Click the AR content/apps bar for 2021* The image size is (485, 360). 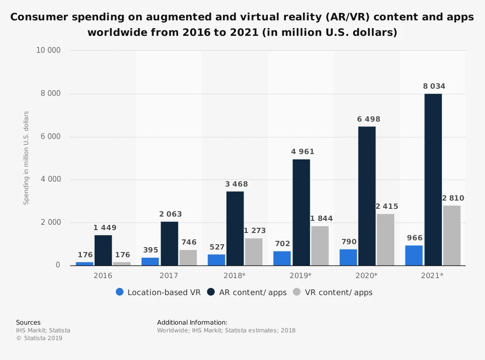[433, 179]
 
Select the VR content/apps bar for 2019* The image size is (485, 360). [320, 246]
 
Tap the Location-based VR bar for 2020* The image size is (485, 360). [348, 257]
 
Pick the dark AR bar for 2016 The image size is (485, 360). [103, 250]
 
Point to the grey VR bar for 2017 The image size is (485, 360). [188, 257]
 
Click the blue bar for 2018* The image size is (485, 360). [216, 260]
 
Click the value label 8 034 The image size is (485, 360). [434, 87]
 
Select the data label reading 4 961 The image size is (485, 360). [303, 152]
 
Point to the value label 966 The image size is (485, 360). [414, 238]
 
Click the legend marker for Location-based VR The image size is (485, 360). [120, 292]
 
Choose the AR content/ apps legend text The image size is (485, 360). [253, 293]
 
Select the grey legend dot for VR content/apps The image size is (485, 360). [297, 292]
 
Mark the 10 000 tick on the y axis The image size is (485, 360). [48, 50]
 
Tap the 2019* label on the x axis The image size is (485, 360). [301, 275]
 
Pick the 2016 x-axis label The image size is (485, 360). [103, 275]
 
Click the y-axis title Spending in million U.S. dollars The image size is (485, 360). [27, 157]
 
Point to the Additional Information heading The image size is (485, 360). [192, 322]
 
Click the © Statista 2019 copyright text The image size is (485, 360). [39, 338]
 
